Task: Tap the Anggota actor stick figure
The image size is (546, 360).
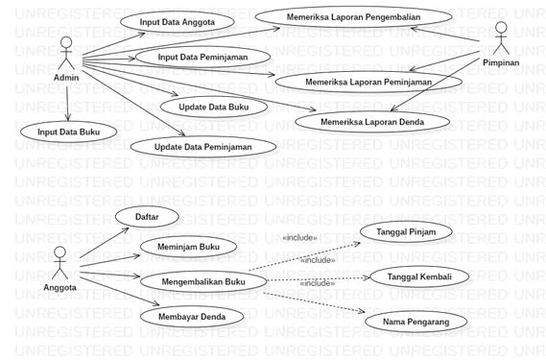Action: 60,261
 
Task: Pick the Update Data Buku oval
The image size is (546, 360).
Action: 214,107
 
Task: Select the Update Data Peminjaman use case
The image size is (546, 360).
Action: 202,147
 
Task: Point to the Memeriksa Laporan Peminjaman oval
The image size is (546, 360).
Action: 368,82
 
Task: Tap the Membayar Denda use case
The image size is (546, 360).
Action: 191,316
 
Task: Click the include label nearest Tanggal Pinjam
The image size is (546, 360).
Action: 299,237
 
